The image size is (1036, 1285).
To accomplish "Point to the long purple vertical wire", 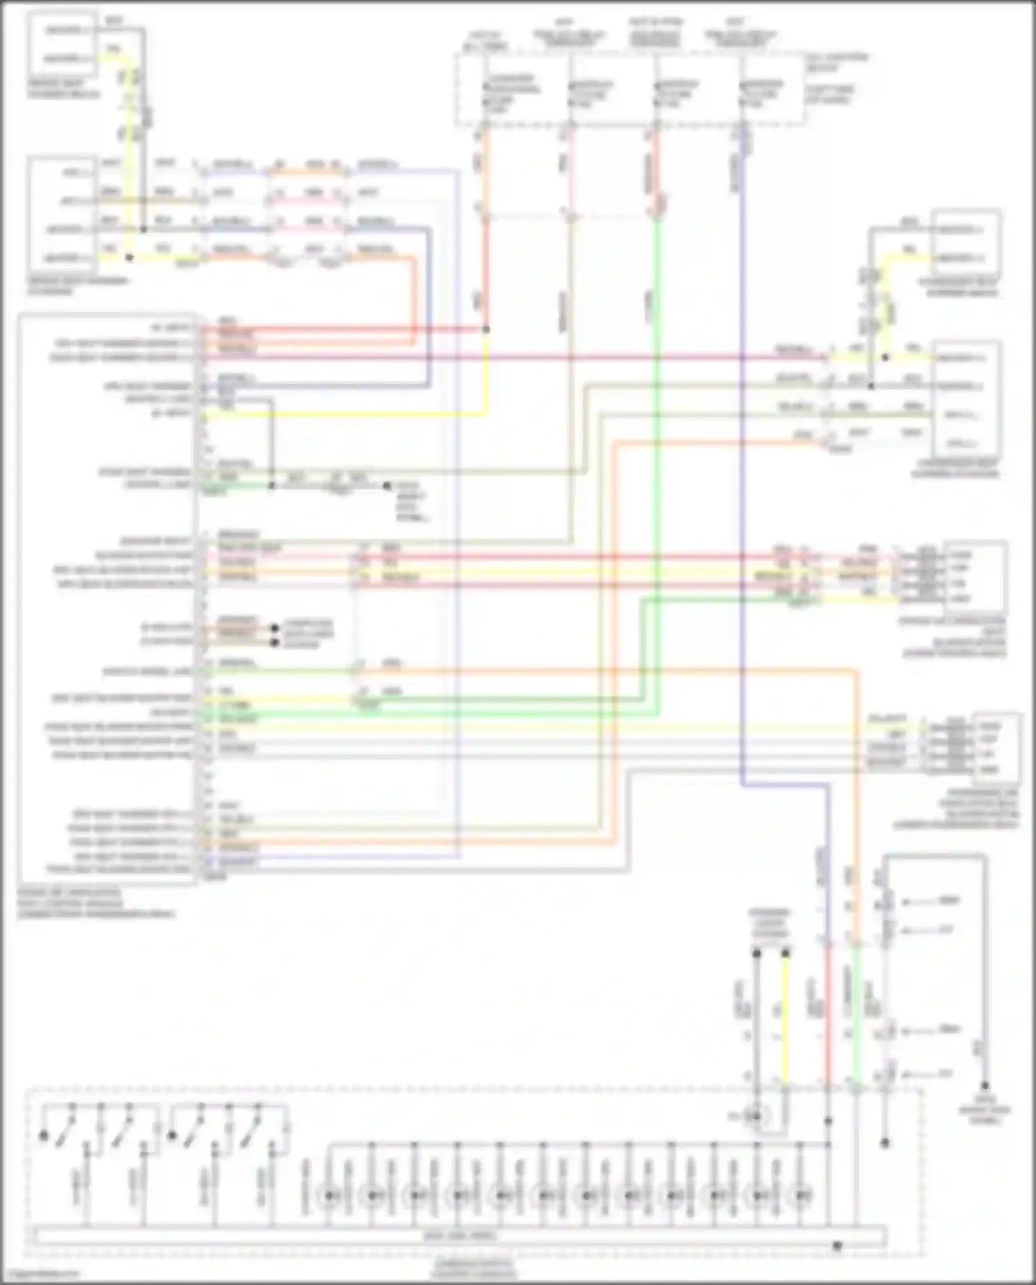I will point(742,483).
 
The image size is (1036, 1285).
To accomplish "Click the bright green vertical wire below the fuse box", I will point(656,449).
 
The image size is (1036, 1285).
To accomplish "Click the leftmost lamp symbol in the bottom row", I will point(329,1195).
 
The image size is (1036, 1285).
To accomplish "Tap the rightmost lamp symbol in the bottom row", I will point(801,1195).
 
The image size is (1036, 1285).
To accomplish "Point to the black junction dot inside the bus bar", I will point(837,1246).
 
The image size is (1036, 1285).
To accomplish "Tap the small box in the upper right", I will point(965,244).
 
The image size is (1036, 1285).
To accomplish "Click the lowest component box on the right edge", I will point(995,748).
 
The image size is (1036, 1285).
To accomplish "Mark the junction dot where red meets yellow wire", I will point(486,329).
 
